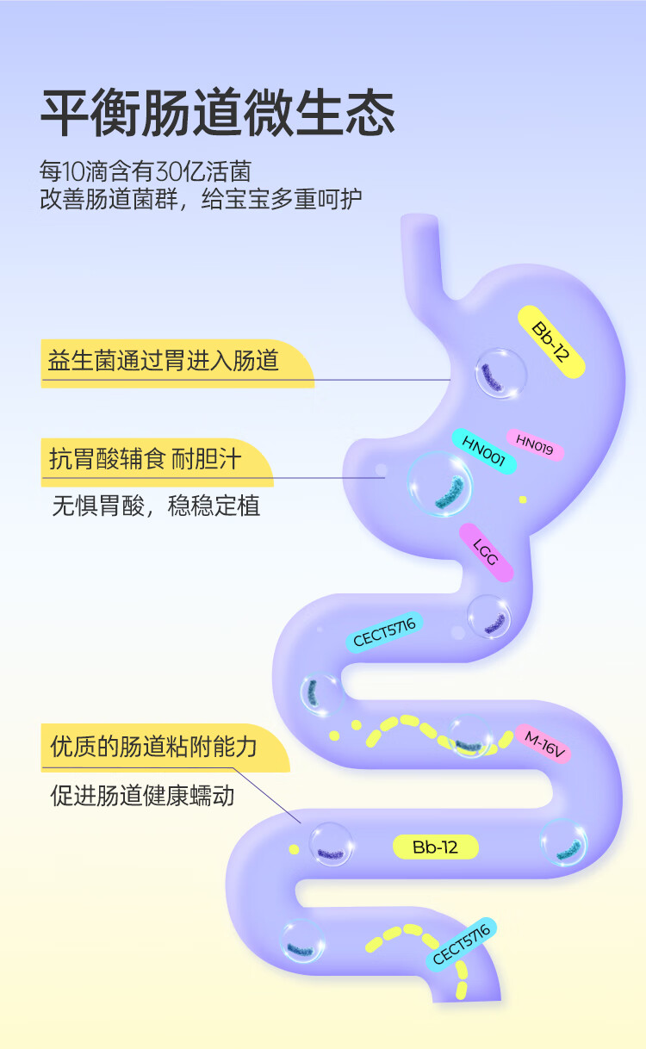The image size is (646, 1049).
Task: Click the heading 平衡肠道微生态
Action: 217,112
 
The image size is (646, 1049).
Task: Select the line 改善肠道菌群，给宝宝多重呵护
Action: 201,200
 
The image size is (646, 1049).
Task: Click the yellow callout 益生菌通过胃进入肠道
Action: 164,360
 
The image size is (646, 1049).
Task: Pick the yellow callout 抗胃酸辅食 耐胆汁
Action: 145,460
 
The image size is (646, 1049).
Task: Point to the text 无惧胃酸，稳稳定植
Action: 156,505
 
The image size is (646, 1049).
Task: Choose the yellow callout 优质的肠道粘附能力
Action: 154,746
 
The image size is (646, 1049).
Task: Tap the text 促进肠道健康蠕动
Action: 142,795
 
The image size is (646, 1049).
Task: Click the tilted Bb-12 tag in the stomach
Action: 551,341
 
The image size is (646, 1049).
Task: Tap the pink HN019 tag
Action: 534,444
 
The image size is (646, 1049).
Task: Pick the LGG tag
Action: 486,552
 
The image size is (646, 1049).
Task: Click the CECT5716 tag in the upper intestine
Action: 384,631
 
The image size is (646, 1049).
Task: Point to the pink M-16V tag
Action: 544,744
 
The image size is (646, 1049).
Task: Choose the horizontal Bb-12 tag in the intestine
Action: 435,847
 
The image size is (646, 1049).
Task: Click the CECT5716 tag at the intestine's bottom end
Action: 461,944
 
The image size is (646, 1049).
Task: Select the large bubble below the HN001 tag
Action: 440,485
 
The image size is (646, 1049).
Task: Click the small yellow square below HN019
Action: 522,499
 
